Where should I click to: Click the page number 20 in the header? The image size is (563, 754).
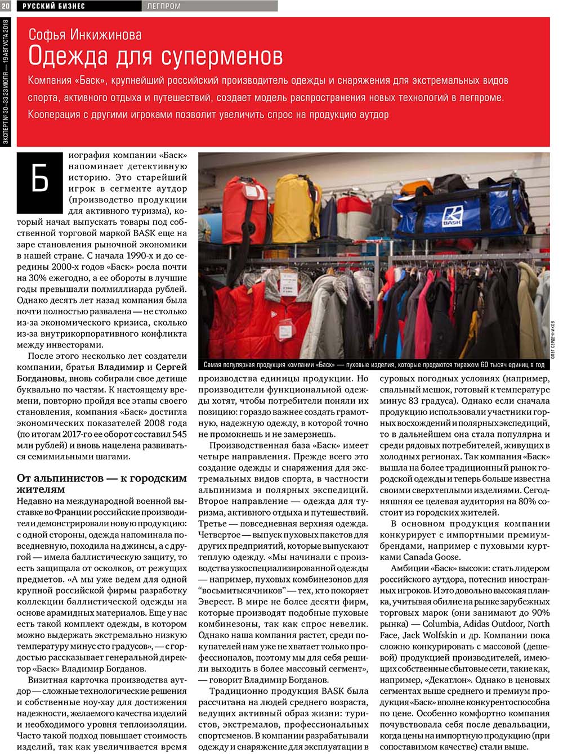click(6, 6)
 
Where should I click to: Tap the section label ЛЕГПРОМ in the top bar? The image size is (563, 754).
click(164, 6)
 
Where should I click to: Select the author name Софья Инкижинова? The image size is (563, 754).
click(85, 35)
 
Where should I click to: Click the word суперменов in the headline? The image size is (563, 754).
click(222, 56)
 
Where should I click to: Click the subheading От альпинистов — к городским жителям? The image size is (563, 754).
click(101, 484)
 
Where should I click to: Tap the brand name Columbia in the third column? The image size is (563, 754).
click(442, 624)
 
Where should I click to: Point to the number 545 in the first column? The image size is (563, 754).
click(179, 434)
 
